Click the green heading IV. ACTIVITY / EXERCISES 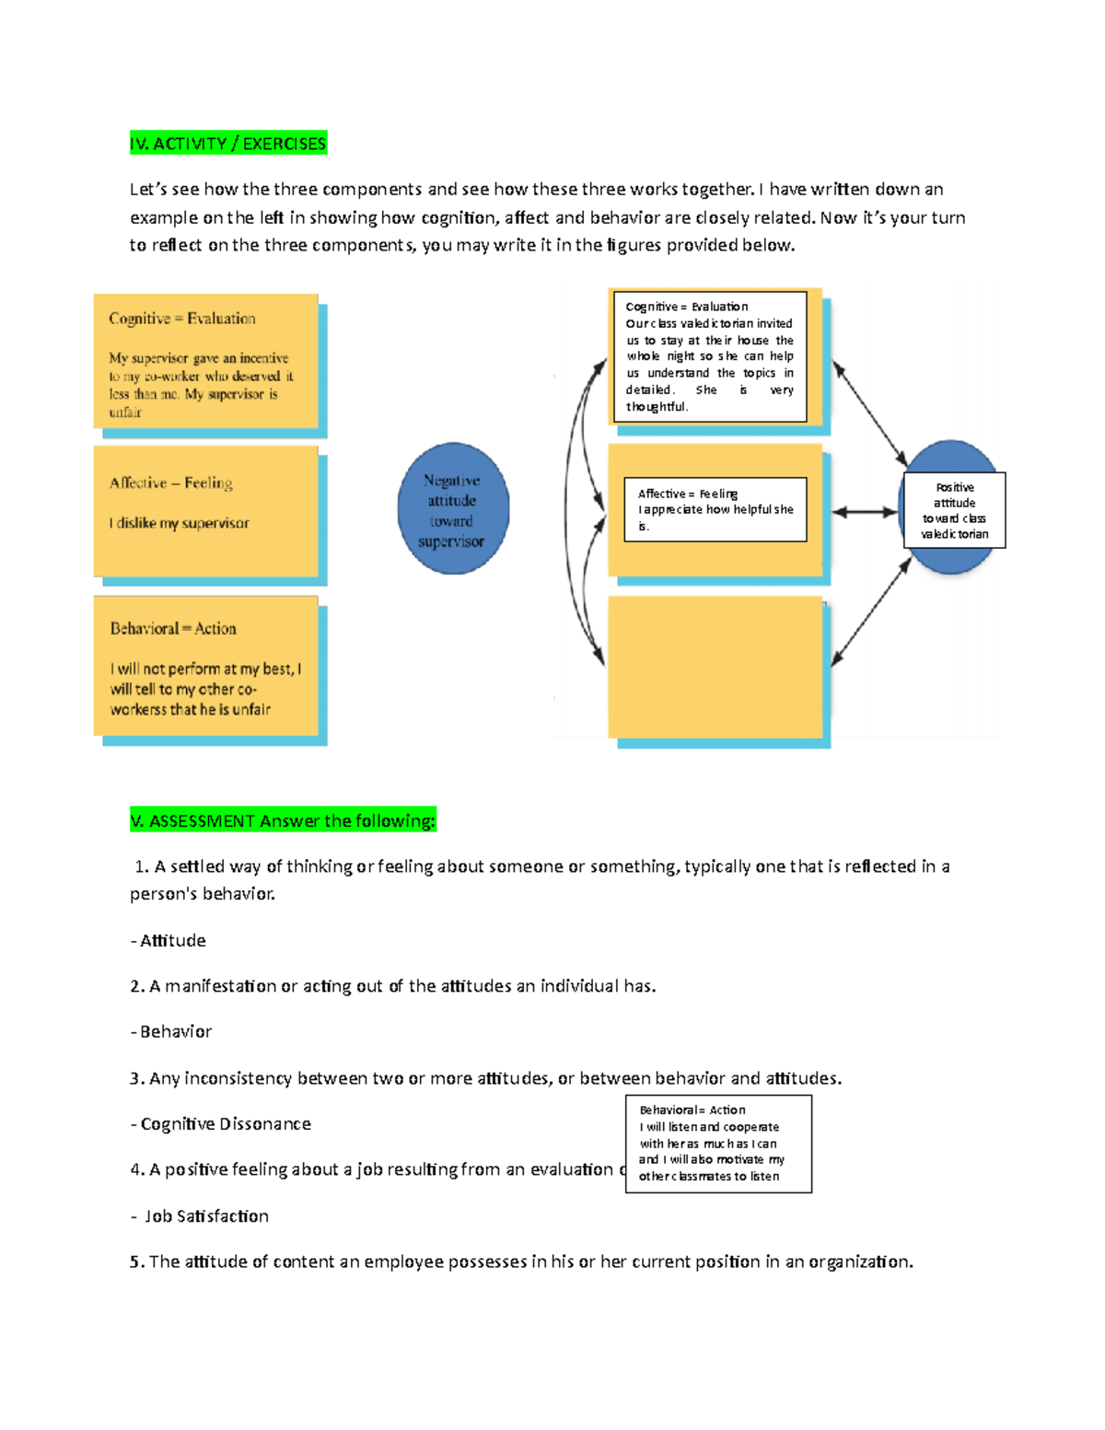tap(228, 144)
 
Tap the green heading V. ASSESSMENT tap(283, 820)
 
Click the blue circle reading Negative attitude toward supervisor tap(453, 509)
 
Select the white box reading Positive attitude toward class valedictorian tap(955, 510)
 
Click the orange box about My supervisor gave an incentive tap(206, 362)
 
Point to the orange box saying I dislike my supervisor tap(206, 511)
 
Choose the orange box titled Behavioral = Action tap(206, 666)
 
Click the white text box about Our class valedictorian tap(709, 356)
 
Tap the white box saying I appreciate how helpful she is tap(715, 509)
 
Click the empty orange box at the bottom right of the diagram tap(715, 667)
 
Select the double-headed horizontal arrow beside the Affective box tap(864, 512)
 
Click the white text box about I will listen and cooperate tap(718, 1144)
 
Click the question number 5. tap(136, 1261)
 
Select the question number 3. tap(136, 1078)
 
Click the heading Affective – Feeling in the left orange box tap(170, 483)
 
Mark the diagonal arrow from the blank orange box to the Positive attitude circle tap(871, 611)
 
